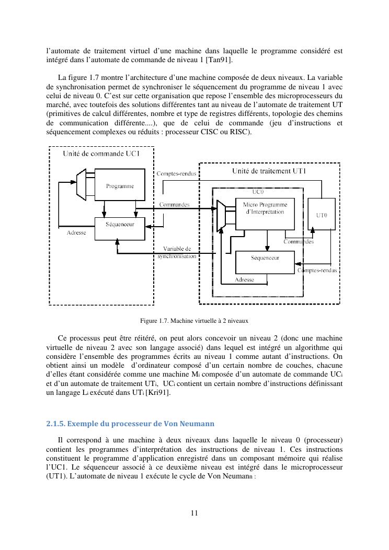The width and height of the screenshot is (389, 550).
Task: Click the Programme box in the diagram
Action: tap(120, 186)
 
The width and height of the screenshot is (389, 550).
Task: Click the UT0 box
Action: tap(322, 215)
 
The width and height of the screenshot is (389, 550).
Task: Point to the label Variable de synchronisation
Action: tap(177, 252)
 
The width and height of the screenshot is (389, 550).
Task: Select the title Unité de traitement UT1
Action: tap(269, 171)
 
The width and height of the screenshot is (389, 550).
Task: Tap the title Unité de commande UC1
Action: tap(101, 154)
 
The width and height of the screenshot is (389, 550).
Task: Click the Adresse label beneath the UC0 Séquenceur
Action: tap(244, 280)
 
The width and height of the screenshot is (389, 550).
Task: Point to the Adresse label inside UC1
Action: tap(76, 232)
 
